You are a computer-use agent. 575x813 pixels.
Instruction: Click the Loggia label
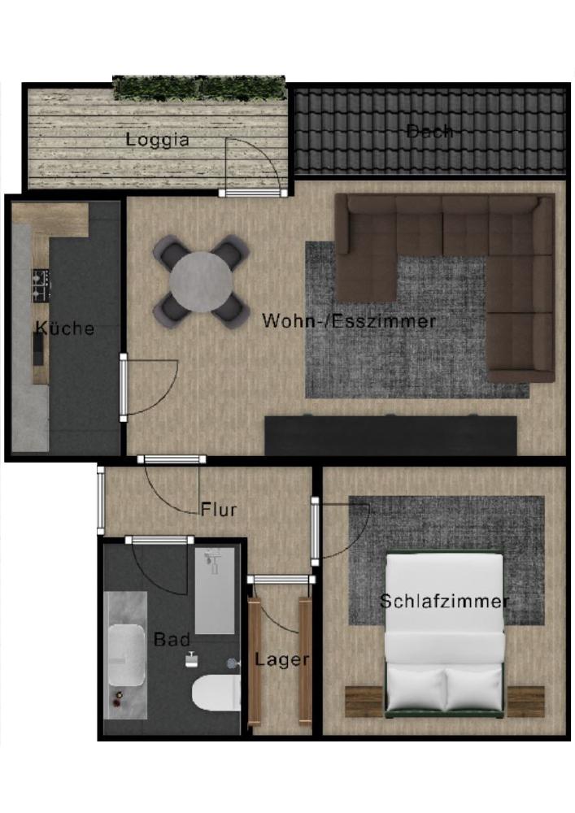click(158, 140)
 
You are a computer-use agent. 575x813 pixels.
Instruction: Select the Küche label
click(65, 328)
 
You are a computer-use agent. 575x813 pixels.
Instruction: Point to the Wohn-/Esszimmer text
click(349, 321)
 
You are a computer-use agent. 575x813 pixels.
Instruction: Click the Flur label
click(219, 511)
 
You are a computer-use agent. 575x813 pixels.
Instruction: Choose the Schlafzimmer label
click(444, 602)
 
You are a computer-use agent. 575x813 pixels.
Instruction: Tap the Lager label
click(281, 659)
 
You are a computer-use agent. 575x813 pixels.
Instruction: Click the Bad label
click(172, 640)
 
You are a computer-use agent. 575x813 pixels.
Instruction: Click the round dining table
click(200, 281)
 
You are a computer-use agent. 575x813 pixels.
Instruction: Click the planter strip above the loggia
click(199, 86)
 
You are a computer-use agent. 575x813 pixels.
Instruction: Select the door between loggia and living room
click(254, 192)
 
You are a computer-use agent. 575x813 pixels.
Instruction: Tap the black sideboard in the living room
click(390, 437)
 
